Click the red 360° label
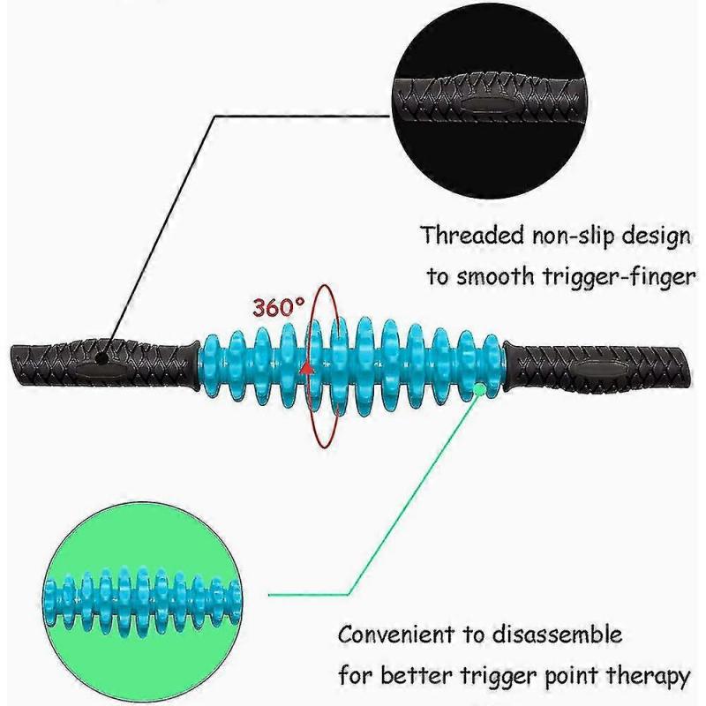pyautogui.click(x=279, y=308)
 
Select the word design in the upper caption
pyautogui.click(x=653, y=236)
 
